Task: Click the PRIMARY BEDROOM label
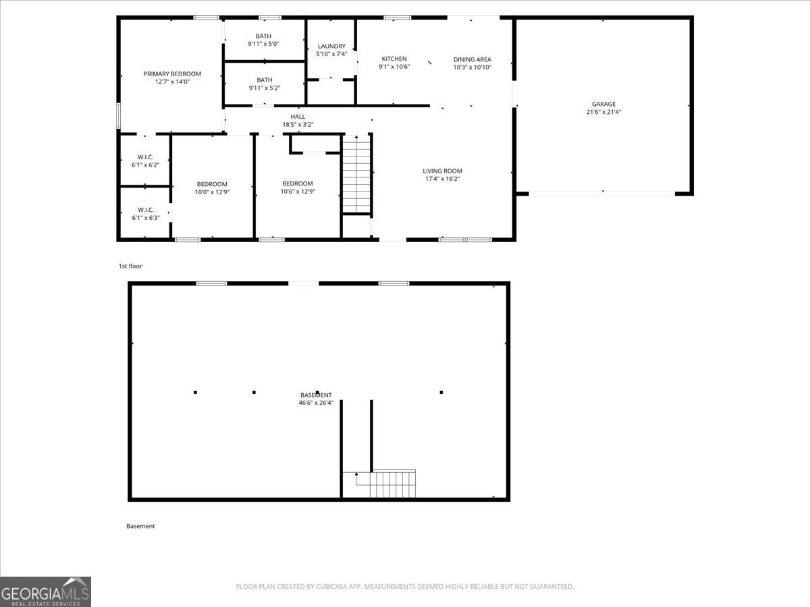[x=172, y=74]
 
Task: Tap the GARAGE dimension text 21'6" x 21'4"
[x=603, y=112]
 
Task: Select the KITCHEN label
[x=394, y=59]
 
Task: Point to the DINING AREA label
[x=472, y=59]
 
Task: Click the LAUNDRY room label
[x=331, y=46]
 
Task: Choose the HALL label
[x=298, y=117]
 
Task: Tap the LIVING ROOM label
[x=442, y=171]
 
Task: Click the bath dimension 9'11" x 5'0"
[x=263, y=44]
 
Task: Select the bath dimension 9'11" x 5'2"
[x=264, y=88]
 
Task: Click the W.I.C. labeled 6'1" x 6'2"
[x=145, y=165]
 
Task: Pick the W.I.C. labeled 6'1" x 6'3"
[x=145, y=217]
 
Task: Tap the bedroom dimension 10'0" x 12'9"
[x=211, y=192]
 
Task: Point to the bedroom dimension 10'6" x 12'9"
[x=298, y=192]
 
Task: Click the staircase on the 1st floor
[x=356, y=173]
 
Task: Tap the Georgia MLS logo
[x=45, y=591]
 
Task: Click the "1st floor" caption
[x=130, y=266]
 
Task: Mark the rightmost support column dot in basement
[x=441, y=392]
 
